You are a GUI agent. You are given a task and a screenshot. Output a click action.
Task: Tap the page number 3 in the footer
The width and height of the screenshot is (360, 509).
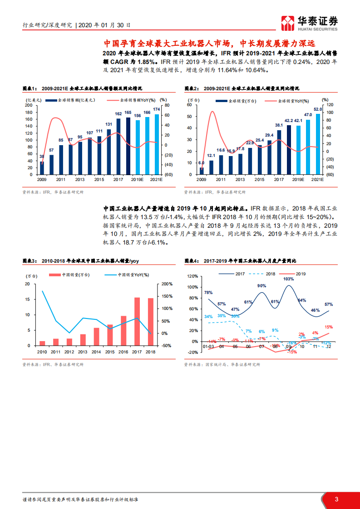pyautogui.click(x=336, y=499)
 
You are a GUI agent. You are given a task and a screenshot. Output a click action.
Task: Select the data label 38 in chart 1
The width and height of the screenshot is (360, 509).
pyautogui.click(x=42, y=157)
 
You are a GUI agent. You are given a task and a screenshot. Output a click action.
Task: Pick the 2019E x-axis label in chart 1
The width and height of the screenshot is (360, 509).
pyautogui.click(x=138, y=180)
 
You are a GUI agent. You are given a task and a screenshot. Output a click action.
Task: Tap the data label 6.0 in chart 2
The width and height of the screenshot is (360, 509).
pyautogui.click(x=202, y=163)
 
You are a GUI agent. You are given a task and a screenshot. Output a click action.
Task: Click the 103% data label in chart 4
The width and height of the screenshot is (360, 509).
pyautogui.click(x=288, y=279)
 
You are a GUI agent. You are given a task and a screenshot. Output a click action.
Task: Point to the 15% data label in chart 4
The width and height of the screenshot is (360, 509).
pyautogui.click(x=329, y=327)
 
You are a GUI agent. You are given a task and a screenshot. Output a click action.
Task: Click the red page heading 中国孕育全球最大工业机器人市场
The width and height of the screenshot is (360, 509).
pyautogui.click(x=209, y=44)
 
